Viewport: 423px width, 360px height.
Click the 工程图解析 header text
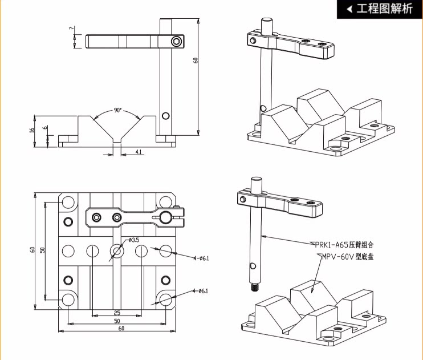[384, 9]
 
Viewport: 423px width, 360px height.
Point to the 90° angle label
[118, 110]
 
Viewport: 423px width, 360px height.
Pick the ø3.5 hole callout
[134, 240]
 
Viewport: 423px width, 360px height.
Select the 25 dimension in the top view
[116, 313]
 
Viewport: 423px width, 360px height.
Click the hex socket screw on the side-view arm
[177, 41]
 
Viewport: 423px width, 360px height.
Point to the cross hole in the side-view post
[165, 116]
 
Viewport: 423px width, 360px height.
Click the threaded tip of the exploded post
[253, 288]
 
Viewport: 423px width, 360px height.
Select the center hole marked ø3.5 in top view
[117, 250]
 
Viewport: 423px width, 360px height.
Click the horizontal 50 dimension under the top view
[116, 321]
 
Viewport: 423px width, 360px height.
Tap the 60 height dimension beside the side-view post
[196, 60]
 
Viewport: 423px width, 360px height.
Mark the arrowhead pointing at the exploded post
[263, 235]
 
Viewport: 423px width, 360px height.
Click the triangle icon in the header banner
[349, 9]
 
